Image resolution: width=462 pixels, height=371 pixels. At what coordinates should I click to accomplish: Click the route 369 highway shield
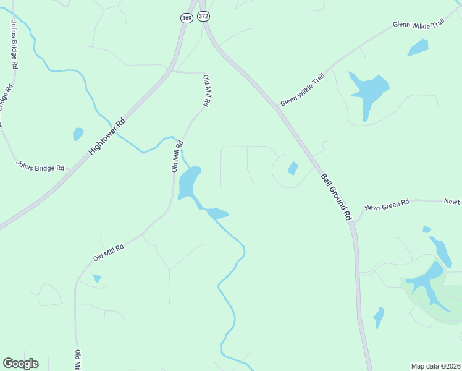click(187, 18)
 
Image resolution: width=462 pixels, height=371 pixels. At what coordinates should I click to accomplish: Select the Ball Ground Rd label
click(335, 196)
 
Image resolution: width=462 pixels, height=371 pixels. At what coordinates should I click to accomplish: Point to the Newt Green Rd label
click(387, 203)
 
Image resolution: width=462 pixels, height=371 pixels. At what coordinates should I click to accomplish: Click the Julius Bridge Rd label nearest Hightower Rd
click(40, 166)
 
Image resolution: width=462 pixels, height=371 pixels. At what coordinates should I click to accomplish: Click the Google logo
click(20, 363)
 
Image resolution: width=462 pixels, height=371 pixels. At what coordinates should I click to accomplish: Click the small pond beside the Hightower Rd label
click(78, 134)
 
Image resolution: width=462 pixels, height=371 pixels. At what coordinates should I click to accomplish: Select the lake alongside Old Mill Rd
click(188, 182)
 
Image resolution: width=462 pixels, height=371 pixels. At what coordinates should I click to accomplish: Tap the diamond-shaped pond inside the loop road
click(293, 168)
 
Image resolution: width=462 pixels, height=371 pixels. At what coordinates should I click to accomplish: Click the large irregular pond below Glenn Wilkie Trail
click(368, 92)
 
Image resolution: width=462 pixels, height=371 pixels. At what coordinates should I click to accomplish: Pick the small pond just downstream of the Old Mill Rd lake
click(217, 214)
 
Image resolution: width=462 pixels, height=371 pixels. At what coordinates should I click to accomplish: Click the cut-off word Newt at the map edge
click(453, 201)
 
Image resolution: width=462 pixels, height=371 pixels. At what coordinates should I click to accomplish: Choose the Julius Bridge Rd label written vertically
click(14, 43)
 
